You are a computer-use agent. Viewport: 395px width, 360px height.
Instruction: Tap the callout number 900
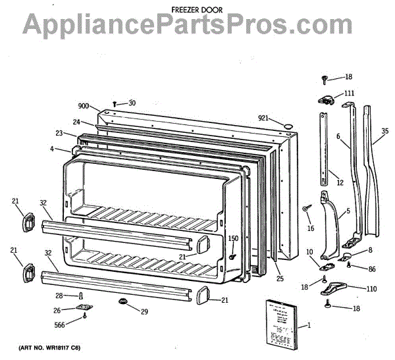[x=83, y=106]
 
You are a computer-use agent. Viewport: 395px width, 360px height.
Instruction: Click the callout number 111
[x=349, y=93]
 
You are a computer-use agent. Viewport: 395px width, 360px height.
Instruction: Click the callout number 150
[x=233, y=238]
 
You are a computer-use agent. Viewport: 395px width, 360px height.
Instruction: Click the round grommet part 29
[x=122, y=301]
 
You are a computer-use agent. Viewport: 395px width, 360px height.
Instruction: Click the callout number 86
[x=371, y=269]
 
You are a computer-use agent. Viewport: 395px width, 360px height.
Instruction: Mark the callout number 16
[x=310, y=228]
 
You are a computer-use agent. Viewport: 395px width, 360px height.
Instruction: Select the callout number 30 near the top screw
[x=132, y=103]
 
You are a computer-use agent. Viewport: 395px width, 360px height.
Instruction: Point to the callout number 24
[x=77, y=122]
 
